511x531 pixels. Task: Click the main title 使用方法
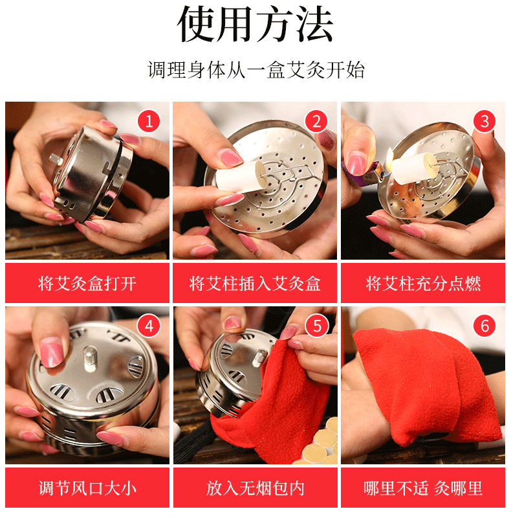point(255,24)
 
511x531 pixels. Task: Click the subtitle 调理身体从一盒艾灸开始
point(256,70)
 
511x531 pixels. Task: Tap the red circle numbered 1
point(149,121)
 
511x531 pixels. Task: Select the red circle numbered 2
point(316,121)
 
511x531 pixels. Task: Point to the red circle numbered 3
point(484,121)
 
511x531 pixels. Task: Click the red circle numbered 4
point(149,326)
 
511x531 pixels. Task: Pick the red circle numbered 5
point(316,326)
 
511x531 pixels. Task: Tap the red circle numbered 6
point(484,326)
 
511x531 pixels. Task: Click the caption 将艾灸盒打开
point(87,284)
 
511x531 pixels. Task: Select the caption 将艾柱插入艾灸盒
point(255,284)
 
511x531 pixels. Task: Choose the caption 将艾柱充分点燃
point(423,284)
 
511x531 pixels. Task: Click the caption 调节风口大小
point(87,488)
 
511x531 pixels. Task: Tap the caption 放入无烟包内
point(255,488)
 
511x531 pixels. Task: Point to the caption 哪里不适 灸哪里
point(423,488)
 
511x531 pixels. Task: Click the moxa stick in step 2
point(241,177)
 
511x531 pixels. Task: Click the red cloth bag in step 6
point(427,386)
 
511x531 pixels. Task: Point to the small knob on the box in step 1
point(55,159)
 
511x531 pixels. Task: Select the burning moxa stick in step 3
point(413,168)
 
